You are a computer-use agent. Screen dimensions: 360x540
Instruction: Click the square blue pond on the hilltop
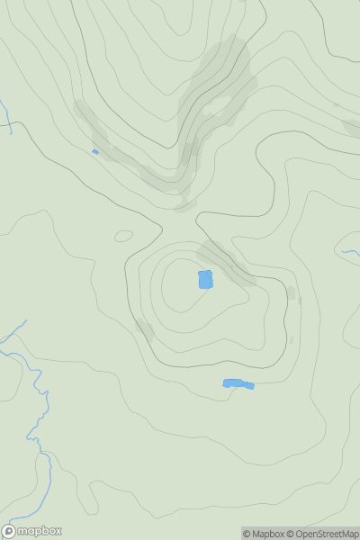pyautogui.click(x=205, y=280)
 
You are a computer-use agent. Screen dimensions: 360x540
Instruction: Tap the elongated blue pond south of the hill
pyautogui.click(x=238, y=384)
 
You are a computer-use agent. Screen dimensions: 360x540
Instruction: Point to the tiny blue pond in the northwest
pyautogui.click(x=94, y=152)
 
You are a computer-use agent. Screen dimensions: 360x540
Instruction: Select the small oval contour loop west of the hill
pyautogui.click(x=124, y=236)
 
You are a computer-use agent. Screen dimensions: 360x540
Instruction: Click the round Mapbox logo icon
pyautogui.click(x=10, y=531)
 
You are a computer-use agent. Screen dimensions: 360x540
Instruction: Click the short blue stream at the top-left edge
pyautogui.click(x=6, y=117)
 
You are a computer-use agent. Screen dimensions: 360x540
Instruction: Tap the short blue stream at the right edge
pyautogui.click(x=350, y=253)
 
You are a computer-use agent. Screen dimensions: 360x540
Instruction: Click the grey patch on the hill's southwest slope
pyautogui.click(x=144, y=328)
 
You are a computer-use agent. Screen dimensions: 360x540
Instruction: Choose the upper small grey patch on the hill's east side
pyautogui.click(x=291, y=293)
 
